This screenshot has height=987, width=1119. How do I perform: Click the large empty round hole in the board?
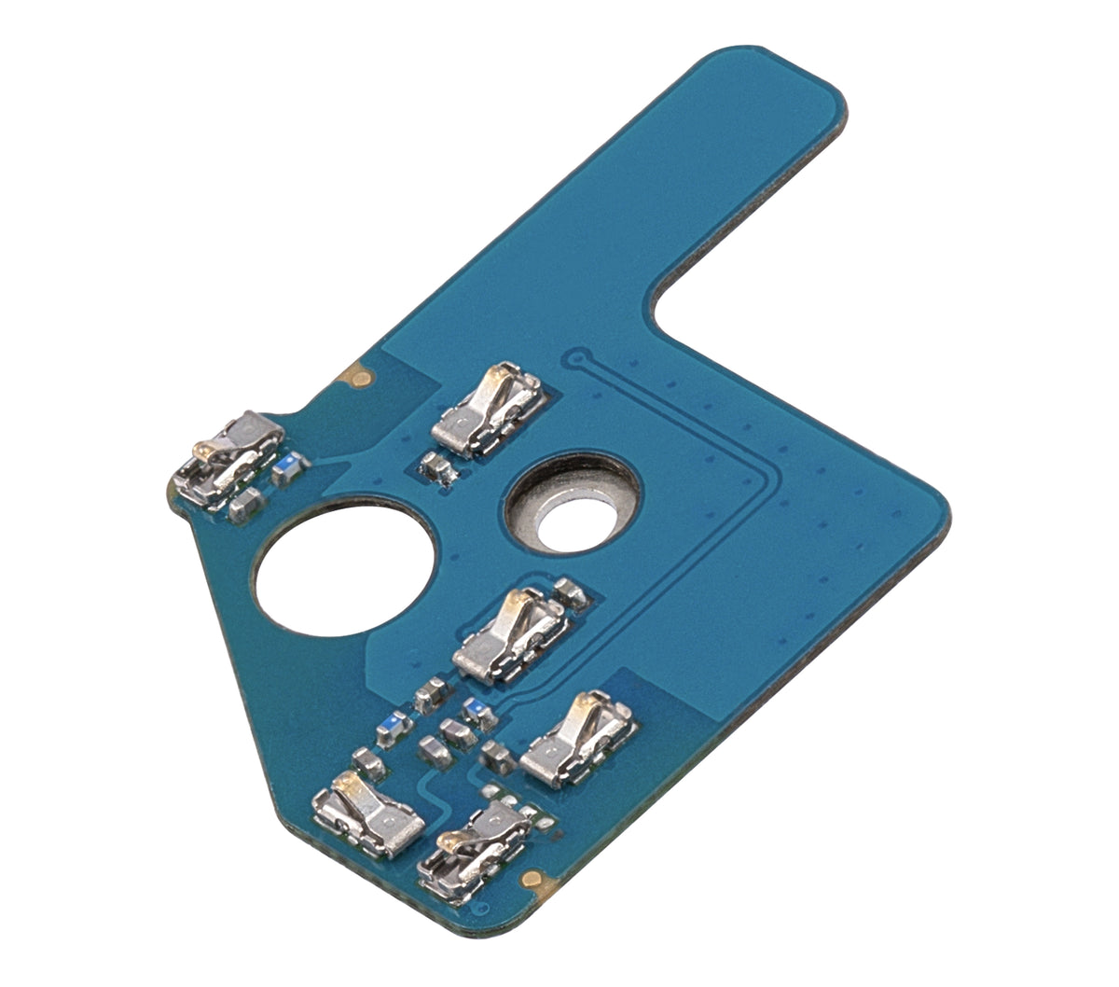tap(345, 567)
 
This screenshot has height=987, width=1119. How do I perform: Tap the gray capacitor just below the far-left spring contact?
tap(244, 505)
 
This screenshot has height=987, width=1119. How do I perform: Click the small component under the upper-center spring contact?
tap(437, 466)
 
